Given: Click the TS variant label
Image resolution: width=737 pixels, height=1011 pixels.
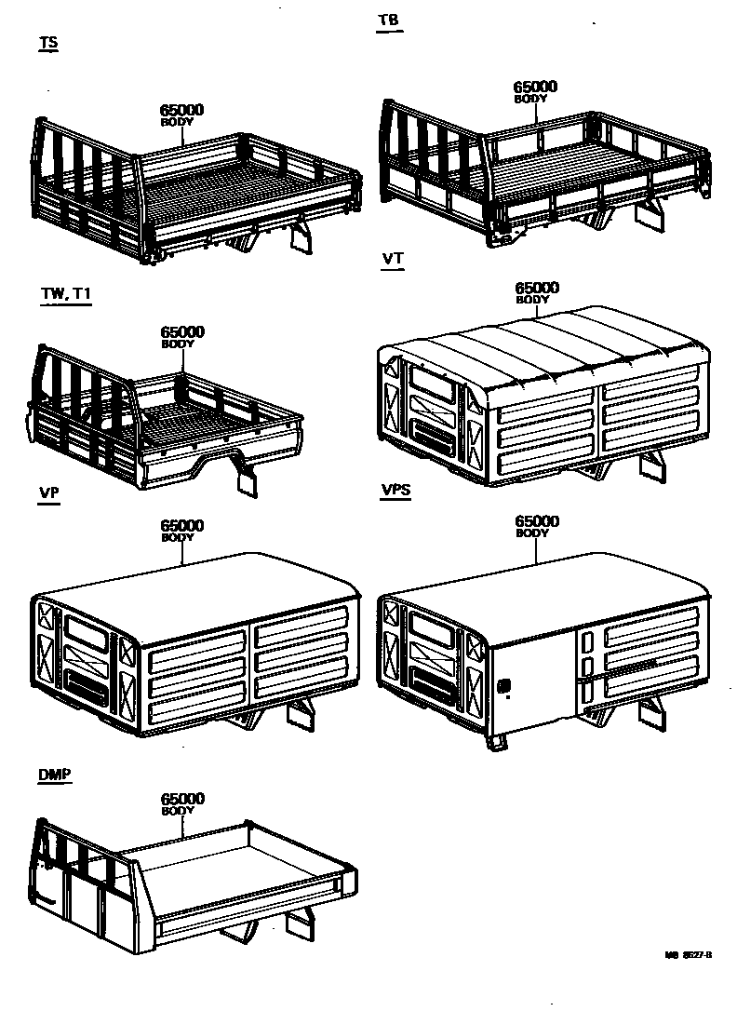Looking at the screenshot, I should pyautogui.click(x=48, y=44).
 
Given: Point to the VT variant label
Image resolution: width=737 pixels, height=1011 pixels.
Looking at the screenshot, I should pyautogui.click(x=393, y=259).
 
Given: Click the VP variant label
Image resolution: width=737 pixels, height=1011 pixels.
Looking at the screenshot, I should pyautogui.click(x=49, y=493).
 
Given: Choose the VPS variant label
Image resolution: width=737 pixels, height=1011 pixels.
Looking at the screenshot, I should pyautogui.click(x=396, y=493).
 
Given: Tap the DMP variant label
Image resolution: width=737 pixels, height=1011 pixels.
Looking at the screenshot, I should pyautogui.click(x=55, y=775).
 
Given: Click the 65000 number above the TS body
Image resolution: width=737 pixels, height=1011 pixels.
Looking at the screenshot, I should pyautogui.click(x=182, y=110).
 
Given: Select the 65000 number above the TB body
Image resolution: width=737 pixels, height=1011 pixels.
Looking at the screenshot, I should pyautogui.click(x=536, y=86).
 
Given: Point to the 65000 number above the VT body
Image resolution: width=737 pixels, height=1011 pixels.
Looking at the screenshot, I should pyautogui.click(x=537, y=288).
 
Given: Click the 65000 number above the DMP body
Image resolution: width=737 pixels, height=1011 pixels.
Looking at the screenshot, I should pyautogui.click(x=182, y=799).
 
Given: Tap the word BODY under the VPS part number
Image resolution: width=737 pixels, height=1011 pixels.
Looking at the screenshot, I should pyautogui.click(x=533, y=533).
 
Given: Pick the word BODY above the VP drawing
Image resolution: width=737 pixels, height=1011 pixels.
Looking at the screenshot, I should pyautogui.click(x=178, y=537).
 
